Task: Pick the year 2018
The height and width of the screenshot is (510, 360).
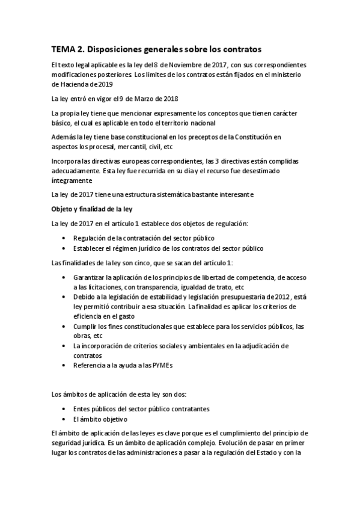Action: click(x=170, y=99)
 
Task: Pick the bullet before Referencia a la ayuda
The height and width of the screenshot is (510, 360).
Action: click(x=64, y=364)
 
